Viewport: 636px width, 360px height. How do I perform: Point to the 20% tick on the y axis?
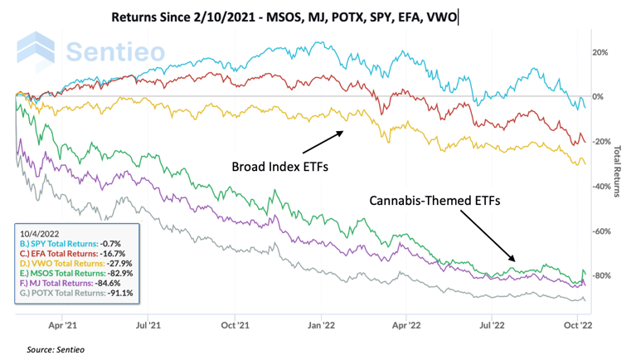599,52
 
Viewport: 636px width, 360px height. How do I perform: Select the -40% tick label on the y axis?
598,186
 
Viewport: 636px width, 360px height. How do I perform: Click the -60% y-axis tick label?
598,231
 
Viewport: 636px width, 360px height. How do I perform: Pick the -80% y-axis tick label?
598,275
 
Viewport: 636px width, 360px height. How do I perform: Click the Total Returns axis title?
618,172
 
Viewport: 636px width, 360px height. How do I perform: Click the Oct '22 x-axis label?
577,326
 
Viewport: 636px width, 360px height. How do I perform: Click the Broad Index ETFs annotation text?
279,167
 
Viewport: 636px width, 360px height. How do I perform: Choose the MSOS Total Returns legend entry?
74,273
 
